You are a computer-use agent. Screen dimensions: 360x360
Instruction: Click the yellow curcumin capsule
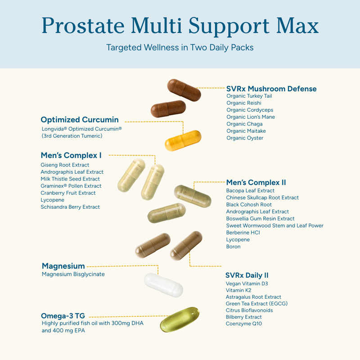[183, 140]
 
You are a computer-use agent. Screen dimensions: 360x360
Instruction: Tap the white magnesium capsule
[163, 284]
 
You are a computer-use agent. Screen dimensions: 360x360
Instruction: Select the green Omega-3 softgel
[179, 319]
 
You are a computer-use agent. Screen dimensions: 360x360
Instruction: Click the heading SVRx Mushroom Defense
[271, 89]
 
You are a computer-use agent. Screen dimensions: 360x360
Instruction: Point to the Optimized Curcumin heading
[80, 120]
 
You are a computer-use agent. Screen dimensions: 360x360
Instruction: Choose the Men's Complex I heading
[71, 156]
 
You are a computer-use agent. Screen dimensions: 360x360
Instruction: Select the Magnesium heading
[63, 266]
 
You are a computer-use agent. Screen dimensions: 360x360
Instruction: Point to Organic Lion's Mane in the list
[251, 117]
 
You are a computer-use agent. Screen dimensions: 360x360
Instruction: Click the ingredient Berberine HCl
[243, 233]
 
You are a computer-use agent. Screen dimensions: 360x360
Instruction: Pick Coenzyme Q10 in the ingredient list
[244, 324]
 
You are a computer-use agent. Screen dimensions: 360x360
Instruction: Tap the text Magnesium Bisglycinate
[73, 274]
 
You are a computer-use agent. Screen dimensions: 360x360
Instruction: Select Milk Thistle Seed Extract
[70, 179]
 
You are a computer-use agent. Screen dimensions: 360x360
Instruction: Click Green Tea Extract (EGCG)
[256, 304]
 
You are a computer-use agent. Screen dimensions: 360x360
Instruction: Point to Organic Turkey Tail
[249, 96]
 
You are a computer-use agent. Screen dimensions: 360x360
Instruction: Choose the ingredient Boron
[233, 247]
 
